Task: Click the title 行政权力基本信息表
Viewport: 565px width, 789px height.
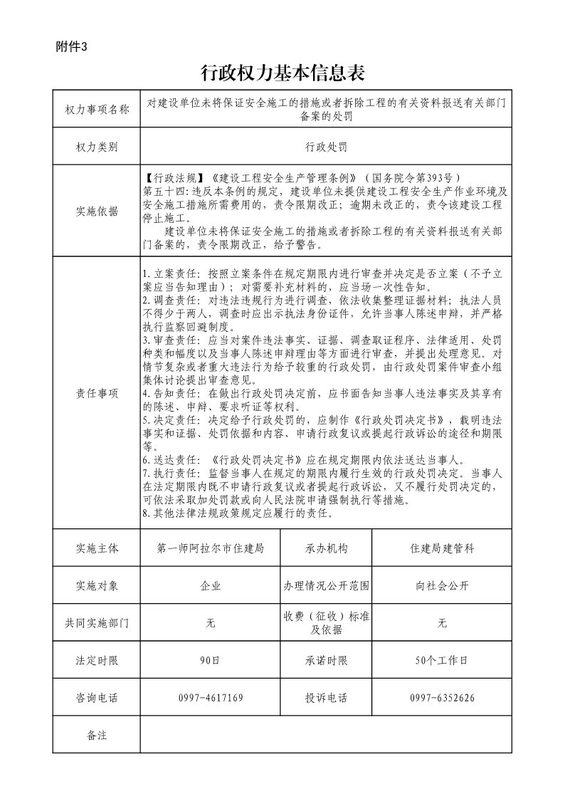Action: [x=282, y=73]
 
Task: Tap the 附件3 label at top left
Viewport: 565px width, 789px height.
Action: [x=71, y=47]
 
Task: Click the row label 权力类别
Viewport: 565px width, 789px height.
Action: [x=97, y=147]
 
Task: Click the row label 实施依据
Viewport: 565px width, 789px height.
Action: [x=97, y=211]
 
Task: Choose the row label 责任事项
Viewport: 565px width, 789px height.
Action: [x=97, y=392]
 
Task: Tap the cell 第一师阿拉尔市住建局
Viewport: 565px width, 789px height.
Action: [x=211, y=548]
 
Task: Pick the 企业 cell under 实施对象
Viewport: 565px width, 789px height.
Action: [x=211, y=586]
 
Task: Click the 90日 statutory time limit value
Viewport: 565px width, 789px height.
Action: [x=211, y=660]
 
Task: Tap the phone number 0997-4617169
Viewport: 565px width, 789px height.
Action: [x=211, y=698]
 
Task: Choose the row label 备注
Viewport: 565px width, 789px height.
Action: [x=97, y=735]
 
